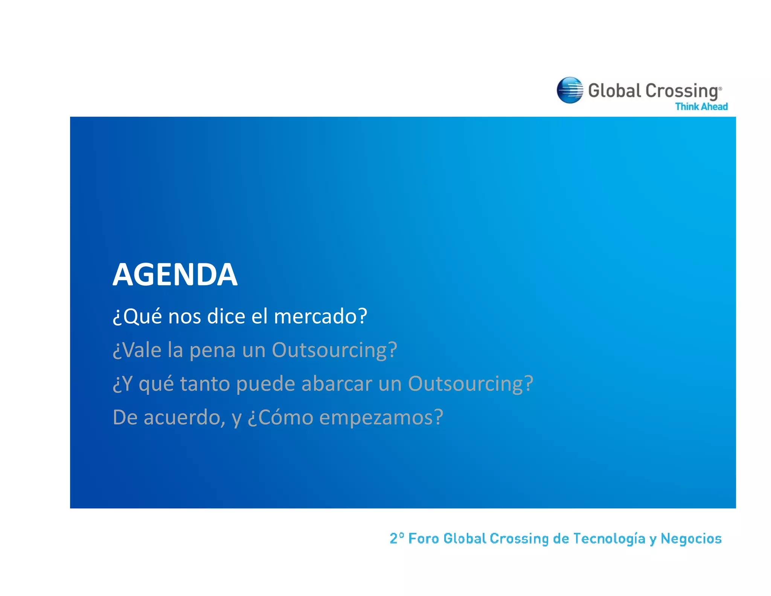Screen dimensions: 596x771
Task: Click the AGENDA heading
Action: point(175,275)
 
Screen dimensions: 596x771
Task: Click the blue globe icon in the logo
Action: point(570,90)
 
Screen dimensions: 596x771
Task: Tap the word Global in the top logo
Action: point(614,91)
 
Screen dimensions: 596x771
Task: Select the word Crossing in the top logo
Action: point(682,92)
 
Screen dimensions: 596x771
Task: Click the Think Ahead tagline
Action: point(701,107)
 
